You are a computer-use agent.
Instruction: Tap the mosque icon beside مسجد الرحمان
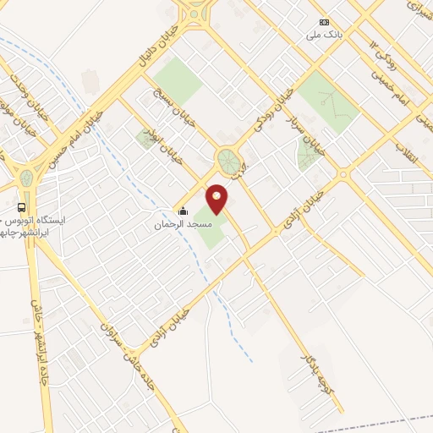click(x=183, y=211)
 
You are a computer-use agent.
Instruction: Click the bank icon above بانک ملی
click(x=323, y=22)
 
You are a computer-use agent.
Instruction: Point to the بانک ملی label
click(x=327, y=36)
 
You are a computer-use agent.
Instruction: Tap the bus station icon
click(x=21, y=207)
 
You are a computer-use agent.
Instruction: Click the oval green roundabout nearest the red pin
click(x=227, y=161)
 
